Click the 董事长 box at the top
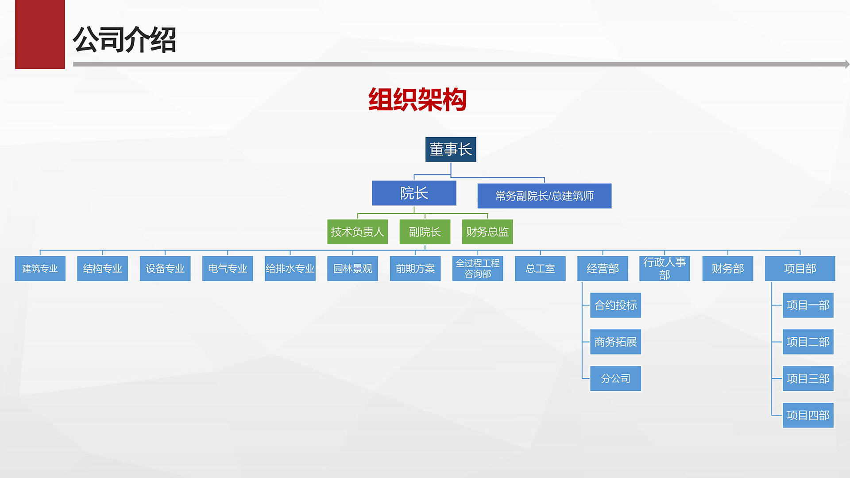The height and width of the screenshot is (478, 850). click(x=451, y=149)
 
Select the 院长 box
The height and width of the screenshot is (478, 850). click(x=414, y=193)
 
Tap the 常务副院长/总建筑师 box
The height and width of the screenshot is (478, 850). click(x=544, y=196)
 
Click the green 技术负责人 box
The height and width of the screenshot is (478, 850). click(x=357, y=231)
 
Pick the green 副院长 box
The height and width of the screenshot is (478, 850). click(x=425, y=231)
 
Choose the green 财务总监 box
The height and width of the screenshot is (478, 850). click(x=487, y=231)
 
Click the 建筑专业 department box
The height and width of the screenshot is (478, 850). click(x=40, y=268)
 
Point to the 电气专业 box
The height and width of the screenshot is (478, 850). click(x=228, y=268)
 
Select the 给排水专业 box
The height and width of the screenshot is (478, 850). click(x=290, y=268)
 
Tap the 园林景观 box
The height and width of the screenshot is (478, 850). click(x=352, y=268)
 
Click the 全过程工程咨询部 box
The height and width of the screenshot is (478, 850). click(x=477, y=268)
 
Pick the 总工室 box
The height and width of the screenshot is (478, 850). click(x=540, y=268)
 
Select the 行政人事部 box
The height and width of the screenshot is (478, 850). click(x=665, y=268)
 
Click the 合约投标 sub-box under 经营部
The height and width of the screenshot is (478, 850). click(x=615, y=305)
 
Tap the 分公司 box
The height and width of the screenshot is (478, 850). click(x=615, y=378)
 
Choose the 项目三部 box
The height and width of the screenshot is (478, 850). click(x=808, y=378)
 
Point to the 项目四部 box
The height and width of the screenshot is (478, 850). click(x=808, y=415)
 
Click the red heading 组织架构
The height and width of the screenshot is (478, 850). click(x=417, y=100)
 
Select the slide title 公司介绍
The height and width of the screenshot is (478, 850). click(x=124, y=40)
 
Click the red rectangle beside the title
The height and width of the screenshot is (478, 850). click(x=40, y=35)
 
